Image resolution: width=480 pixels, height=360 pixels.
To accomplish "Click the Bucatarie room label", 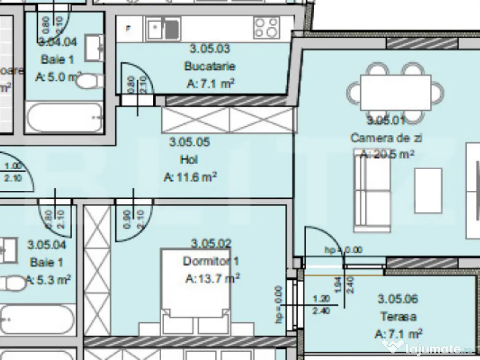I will click(210, 66).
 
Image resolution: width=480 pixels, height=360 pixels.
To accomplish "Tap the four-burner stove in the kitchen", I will click(266, 28).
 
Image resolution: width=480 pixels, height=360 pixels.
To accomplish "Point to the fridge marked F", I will click(128, 28).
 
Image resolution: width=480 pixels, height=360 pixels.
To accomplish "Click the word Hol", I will click(189, 159).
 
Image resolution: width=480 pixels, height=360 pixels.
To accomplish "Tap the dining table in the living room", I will click(395, 92).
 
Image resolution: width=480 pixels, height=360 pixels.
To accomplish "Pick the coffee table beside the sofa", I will click(428, 191).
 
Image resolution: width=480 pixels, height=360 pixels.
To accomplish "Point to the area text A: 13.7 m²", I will click(212, 279).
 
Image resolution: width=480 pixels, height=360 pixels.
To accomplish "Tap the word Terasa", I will click(398, 316).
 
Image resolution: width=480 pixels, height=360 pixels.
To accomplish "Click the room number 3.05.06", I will click(398, 299).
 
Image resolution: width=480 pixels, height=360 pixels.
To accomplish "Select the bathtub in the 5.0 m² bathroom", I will click(64, 117).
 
